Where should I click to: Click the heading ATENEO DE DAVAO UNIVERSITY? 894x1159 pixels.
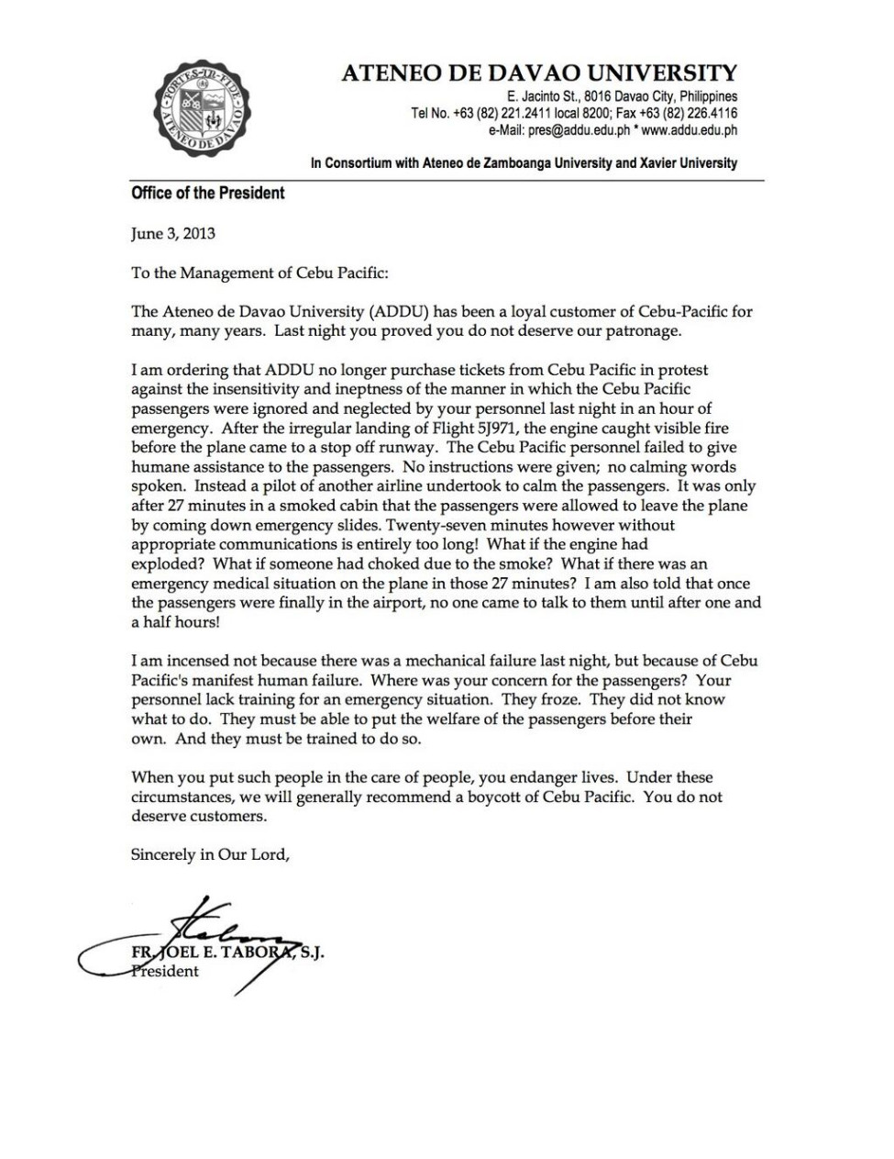tap(538, 73)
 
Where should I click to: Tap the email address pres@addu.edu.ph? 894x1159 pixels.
tap(561, 130)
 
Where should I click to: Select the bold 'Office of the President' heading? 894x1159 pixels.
tap(207, 193)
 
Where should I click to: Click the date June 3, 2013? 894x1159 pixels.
tap(173, 233)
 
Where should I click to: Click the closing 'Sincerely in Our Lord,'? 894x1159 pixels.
tap(210, 854)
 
